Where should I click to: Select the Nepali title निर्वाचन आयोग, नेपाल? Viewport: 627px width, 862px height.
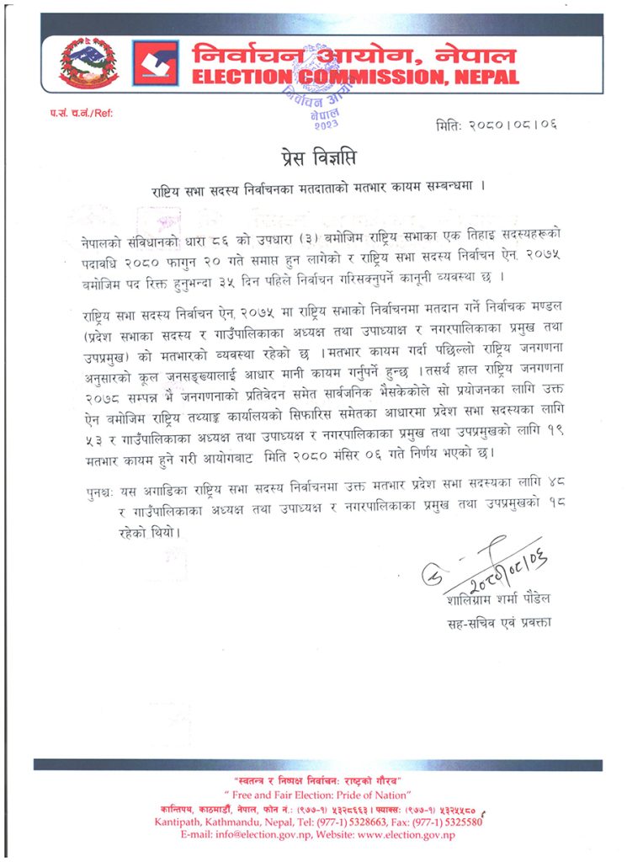point(353,56)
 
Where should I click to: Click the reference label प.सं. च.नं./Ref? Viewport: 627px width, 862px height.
point(81,113)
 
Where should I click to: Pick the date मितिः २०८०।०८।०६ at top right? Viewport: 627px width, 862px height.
point(497,126)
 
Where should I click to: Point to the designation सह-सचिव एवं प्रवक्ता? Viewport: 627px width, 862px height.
point(499,624)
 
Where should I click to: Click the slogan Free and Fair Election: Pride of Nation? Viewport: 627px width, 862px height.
point(316,795)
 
